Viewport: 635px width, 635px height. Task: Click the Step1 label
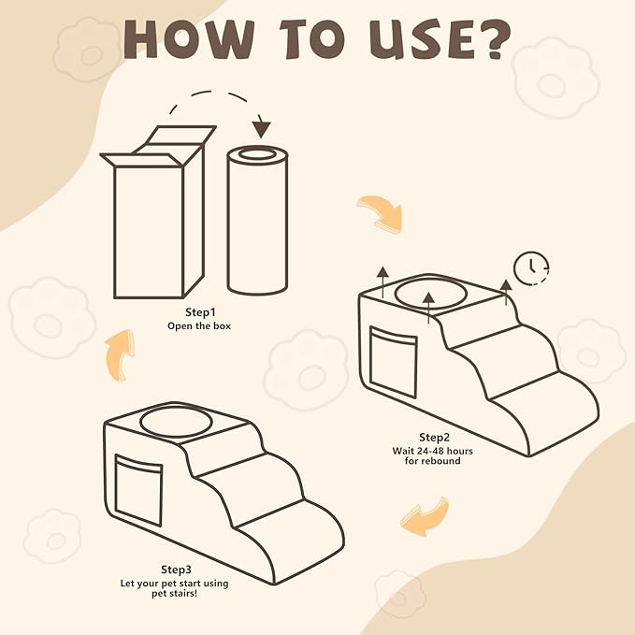pos(200,312)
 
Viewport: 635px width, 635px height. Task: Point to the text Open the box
pos(199,326)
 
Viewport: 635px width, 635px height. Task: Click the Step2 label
pos(434,438)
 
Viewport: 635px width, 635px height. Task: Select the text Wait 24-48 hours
pos(432,451)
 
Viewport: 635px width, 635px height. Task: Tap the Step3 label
pos(176,570)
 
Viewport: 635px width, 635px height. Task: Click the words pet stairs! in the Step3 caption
pos(175,594)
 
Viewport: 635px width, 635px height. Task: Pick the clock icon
pos(531,267)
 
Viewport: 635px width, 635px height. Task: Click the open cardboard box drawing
pos(158,211)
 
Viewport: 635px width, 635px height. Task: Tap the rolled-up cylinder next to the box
pos(257,220)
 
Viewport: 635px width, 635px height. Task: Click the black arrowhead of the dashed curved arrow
pos(262,128)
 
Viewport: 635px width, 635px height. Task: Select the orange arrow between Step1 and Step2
pos(381,214)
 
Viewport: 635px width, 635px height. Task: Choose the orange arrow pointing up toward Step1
pos(120,354)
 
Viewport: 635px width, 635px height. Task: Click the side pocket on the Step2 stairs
pos(393,361)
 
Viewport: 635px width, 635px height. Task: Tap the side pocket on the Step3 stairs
pos(138,490)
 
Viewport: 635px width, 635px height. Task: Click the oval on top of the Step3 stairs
pos(176,421)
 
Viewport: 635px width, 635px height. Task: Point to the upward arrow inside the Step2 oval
pos(428,309)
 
